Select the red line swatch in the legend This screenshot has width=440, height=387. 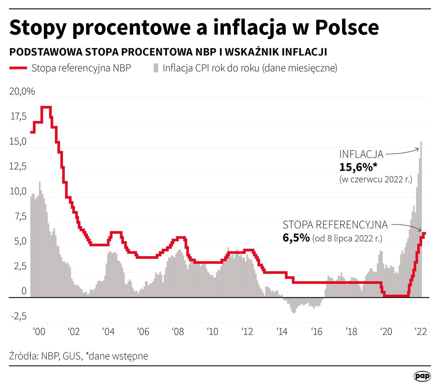click(x=18, y=68)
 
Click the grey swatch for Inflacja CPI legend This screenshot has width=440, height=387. click(x=156, y=68)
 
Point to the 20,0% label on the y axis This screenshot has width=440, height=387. click(x=22, y=92)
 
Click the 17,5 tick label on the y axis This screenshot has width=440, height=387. click(x=19, y=117)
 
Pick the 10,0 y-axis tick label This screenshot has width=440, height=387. click(x=18, y=191)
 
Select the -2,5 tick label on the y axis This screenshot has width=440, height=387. click(x=19, y=316)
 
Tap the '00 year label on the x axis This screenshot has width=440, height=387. click(x=39, y=332)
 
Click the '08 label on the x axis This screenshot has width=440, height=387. click(x=178, y=332)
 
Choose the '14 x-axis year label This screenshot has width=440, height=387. click(x=282, y=332)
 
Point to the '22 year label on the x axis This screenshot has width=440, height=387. click(x=421, y=332)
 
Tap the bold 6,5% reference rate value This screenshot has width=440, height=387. click(x=296, y=238)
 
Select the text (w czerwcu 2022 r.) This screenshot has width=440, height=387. click(x=375, y=179)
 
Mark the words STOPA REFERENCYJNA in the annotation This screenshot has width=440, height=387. click(x=335, y=225)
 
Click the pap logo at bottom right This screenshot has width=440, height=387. click(x=422, y=376)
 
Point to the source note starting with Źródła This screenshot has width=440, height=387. click(x=78, y=356)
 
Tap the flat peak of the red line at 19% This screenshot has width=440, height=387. click(x=46, y=107)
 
